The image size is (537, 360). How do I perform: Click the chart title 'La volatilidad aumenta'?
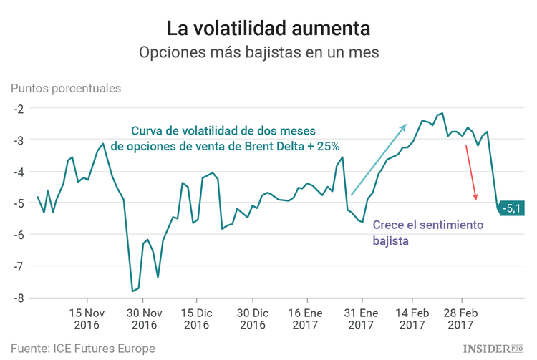tap(268, 29)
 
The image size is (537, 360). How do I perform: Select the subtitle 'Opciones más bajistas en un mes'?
tap(268, 54)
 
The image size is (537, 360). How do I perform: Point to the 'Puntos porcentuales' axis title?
tap(66, 89)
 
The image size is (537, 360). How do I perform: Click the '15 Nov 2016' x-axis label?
tap(87, 319)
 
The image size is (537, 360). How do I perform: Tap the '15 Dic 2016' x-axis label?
tap(195, 319)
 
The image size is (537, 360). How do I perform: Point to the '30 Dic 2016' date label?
tap(252, 319)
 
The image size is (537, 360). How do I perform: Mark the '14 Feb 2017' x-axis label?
tap(412, 319)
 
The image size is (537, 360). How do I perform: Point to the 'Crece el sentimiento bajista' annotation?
tap(427, 233)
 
